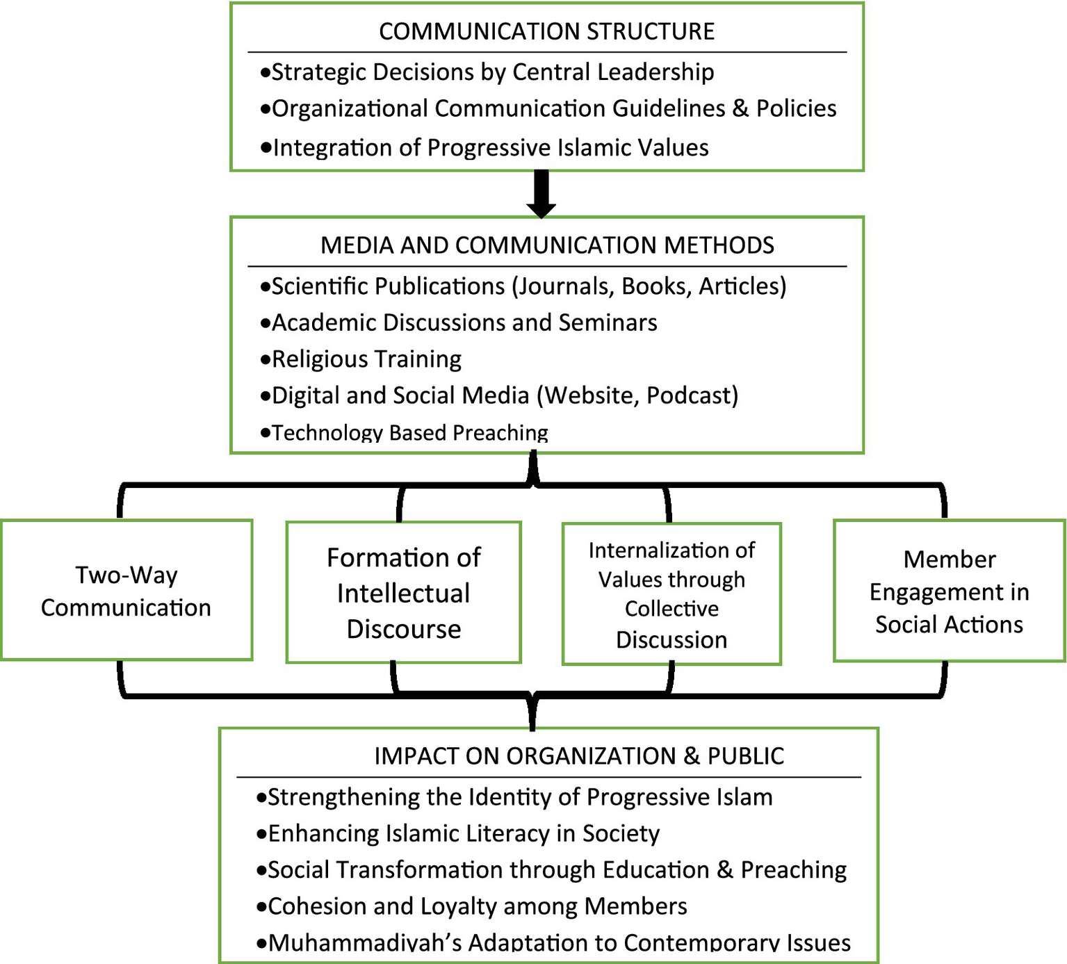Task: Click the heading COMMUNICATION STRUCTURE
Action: (x=546, y=32)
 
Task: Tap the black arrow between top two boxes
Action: (x=541, y=194)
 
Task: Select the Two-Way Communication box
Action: (x=126, y=591)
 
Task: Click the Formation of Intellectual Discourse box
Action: (x=403, y=593)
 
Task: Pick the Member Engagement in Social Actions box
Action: (x=949, y=591)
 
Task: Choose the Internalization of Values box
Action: (x=671, y=594)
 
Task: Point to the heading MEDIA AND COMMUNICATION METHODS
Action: (x=547, y=245)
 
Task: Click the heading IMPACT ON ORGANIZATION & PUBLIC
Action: (x=579, y=756)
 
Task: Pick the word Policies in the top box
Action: (x=796, y=108)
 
